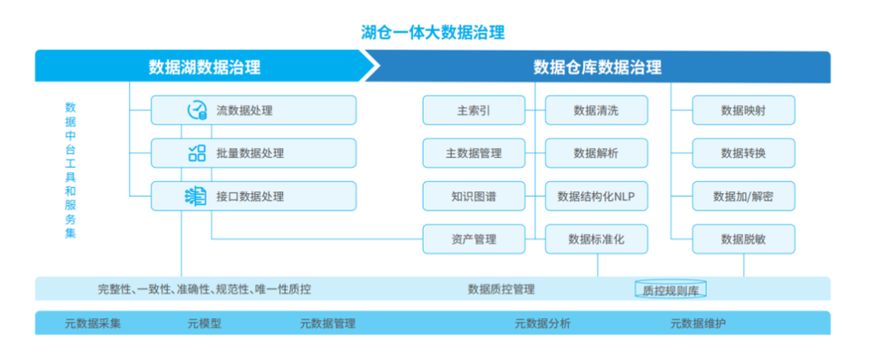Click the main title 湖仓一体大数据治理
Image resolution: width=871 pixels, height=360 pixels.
click(433, 33)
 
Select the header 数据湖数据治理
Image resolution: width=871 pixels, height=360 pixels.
click(204, 67)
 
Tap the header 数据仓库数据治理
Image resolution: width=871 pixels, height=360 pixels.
click(598, 67)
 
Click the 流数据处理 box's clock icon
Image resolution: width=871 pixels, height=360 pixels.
click(197, 110)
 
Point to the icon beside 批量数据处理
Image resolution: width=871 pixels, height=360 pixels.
click(197, 152)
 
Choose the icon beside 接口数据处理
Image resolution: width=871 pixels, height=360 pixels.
click(196, 196)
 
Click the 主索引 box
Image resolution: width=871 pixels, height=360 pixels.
click(474, 110)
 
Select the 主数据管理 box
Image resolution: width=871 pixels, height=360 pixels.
click(474, 152)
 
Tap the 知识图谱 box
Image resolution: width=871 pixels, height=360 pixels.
click(474, 196)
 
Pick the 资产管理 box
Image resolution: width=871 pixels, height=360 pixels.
click(474, 239)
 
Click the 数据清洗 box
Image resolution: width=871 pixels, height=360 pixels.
click(596, 110)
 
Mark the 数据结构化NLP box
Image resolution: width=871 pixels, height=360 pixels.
click(596, 196)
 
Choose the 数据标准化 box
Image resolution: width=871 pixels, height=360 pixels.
click(596, 239)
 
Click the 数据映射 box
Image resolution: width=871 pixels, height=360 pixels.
click(743, 110)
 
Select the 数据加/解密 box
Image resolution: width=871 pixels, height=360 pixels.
click(743, 196)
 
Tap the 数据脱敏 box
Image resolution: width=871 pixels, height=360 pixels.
click(743, 239)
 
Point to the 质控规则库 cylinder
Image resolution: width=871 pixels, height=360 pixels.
click(670, 289)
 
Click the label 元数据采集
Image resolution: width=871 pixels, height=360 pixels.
click(93, 324)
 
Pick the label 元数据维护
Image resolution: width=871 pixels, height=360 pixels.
click(698, 324)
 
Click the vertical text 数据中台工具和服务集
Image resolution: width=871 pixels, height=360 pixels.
click(71, 170)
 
